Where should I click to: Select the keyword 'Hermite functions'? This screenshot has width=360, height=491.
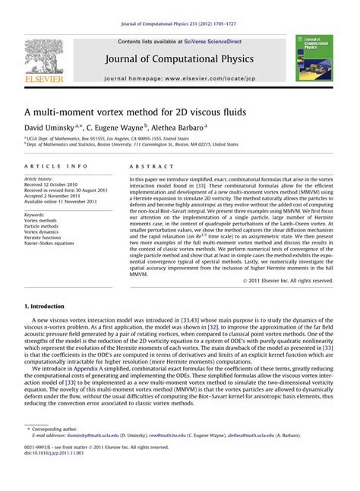pos(46,238)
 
